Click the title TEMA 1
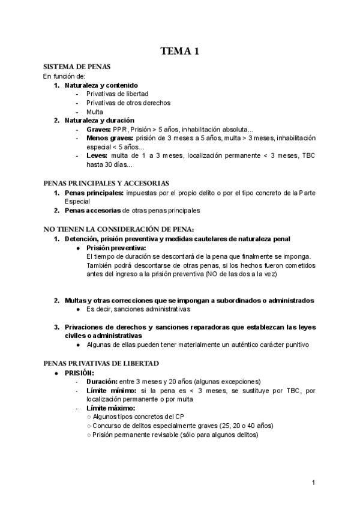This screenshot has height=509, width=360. click(x=180, y=52)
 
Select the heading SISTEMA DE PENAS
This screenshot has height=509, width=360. click(x=76, y=67)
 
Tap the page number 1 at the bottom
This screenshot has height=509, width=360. click(x=314, y=483)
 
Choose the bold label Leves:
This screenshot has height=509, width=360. click(x=97, y=156)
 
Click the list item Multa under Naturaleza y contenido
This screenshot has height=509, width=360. click(x=95, y=112)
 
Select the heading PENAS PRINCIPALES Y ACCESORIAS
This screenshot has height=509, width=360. click(x=106, y=183)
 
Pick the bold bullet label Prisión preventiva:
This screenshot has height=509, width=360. click(x=116, y=247)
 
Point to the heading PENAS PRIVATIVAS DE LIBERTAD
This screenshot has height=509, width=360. click(x=101, y=364)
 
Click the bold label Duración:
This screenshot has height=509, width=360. click(x=101, y=382)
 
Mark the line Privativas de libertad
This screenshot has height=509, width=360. click(x=117, y=94)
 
